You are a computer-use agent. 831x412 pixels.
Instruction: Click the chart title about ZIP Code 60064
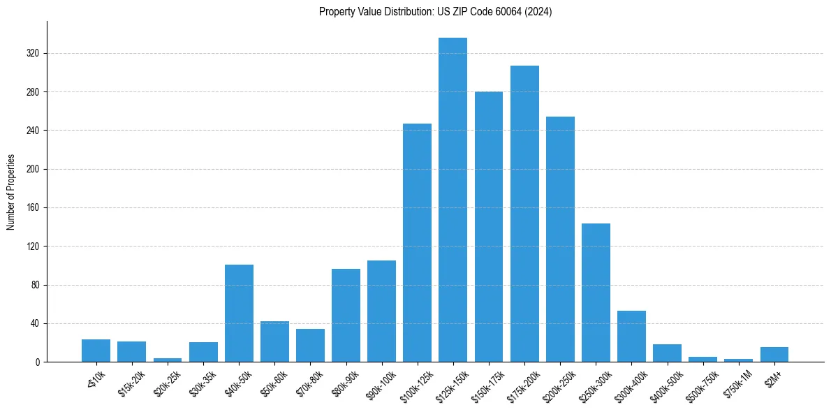pyautogui.click(x=435, y=12)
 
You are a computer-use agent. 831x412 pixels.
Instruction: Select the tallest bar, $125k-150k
pyautogui.click(x=453, y=200)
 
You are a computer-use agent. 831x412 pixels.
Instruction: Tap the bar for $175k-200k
pyautogui.click(x=524, y=214)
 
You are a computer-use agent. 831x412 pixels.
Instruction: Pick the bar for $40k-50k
pyautogui.click(x=239, y=314)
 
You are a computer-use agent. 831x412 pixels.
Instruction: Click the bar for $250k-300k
pyautogui.click(x=596, y=293)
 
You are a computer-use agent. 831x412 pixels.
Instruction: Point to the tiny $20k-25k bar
pyautogui.click(x=168, y=360)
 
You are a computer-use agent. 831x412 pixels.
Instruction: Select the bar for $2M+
pyautogui.click(x=774, y=355)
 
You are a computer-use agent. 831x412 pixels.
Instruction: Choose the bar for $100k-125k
pyautogui.click(x=417, y=243)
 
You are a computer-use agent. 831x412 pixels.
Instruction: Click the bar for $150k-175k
pyautogui.click(x=489, y=227)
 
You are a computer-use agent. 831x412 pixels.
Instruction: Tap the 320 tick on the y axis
pyautogui.click(x=33, y=54)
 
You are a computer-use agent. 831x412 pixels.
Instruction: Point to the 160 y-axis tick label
pyautogui.click(x=33, y=208)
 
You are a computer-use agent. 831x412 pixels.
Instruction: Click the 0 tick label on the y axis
pyautogui.click(x=38, y=362)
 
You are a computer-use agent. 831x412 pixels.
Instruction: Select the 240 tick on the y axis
pyautogui.click(x=33, y=131)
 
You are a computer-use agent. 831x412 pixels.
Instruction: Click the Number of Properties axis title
pyautogui.click(x=11, y=192)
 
